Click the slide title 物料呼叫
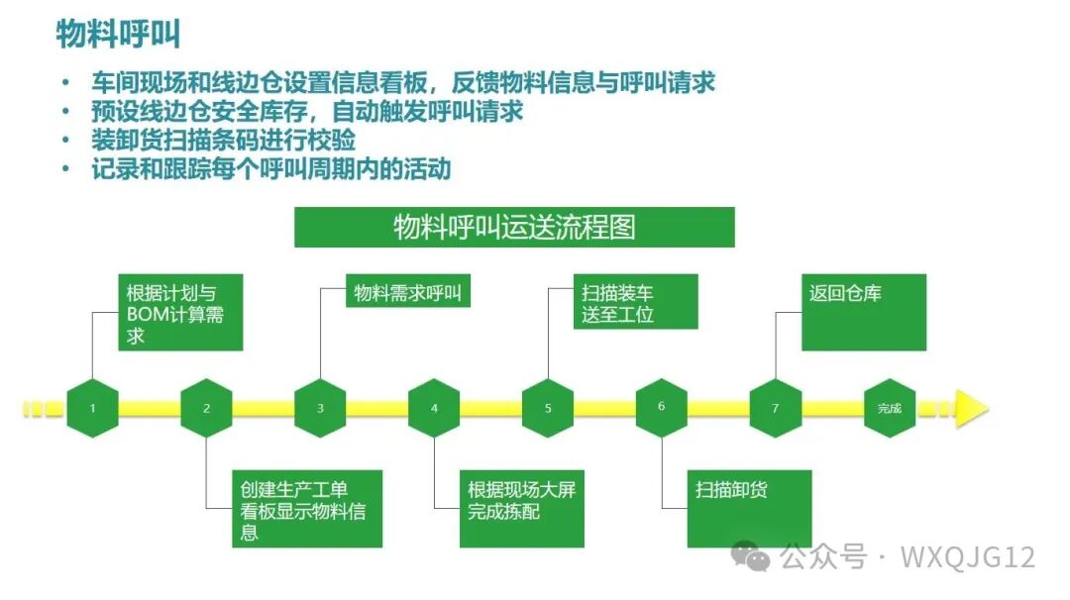click(x=118, y=36)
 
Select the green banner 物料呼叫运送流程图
click(x=514, y=228)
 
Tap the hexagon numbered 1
click(x=93, y=408)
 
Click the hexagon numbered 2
click(x=207, y=408)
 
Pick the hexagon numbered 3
click(x=320, y=408)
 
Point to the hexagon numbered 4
click(x=434, y=408)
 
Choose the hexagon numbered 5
click(x=548, y=408)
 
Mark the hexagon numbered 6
click(x=661, y=407)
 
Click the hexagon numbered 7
click(x=775, y=408)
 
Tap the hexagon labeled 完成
click(x=889, y=408)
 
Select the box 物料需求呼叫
click(x=408, y=294)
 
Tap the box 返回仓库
click(x=863, y=312)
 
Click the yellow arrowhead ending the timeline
click(x=971, y=408)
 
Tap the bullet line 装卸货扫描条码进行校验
click(x=223, y=140)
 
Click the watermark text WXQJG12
click(x=968, y=557)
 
